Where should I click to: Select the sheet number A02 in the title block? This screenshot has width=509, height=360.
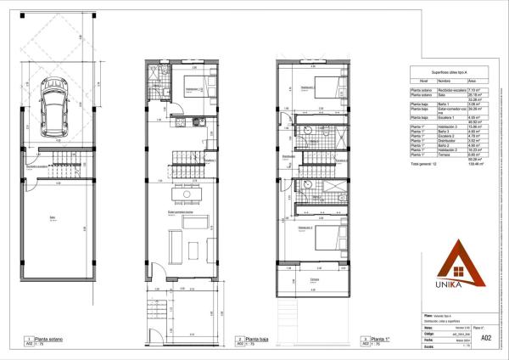(486, 339)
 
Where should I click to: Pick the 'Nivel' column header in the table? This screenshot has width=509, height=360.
(419, 82)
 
